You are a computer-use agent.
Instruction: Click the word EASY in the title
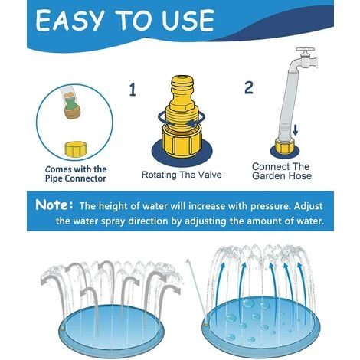(x=70, y=21)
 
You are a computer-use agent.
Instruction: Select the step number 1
(x=133, y=90)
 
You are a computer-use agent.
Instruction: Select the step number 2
(x=249, y=88)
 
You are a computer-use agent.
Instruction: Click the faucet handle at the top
(x=305, y=51)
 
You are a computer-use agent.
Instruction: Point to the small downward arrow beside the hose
(x=296, y=129)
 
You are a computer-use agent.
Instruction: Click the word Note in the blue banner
(x=52, y=205)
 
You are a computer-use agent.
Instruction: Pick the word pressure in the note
(x=270, y=207)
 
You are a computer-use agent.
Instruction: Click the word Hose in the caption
(x=300, y=175)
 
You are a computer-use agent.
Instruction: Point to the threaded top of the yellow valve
(x=182, y=87)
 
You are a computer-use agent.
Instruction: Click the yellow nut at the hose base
(x=285, y=147)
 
